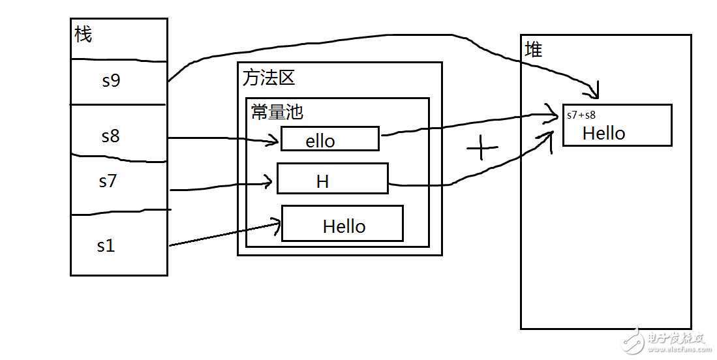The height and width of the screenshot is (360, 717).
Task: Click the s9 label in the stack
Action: click(x=111, y=81)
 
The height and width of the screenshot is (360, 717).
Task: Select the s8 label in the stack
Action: click(x=110, y=136)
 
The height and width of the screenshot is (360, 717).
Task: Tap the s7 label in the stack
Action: click(x=108, y=181)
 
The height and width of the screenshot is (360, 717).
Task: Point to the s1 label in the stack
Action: click(x=106, y=246)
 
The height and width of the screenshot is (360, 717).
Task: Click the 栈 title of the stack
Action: click(x=83, y=35)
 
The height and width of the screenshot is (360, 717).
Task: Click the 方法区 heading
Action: click(x=268, y=78)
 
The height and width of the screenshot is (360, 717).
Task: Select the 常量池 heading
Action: click(x=277, y=112)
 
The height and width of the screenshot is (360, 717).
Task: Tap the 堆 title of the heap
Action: click(x=533, y=50)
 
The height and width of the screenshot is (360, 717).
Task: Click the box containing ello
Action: click(x=329, y=139)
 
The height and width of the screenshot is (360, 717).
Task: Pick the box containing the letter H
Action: click(x=332, y=179)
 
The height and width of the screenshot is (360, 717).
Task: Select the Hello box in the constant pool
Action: click(x=342, y=224)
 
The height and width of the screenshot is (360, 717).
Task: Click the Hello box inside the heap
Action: click(x=617, y=125)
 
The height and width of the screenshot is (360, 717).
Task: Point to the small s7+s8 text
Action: click(x=581, y=115)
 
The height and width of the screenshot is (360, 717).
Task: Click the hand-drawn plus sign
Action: click(x=482, y=149)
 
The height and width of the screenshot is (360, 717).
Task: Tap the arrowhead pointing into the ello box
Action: click(x=274, y=140)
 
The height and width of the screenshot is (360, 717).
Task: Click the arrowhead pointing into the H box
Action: click(x=268, y=183)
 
